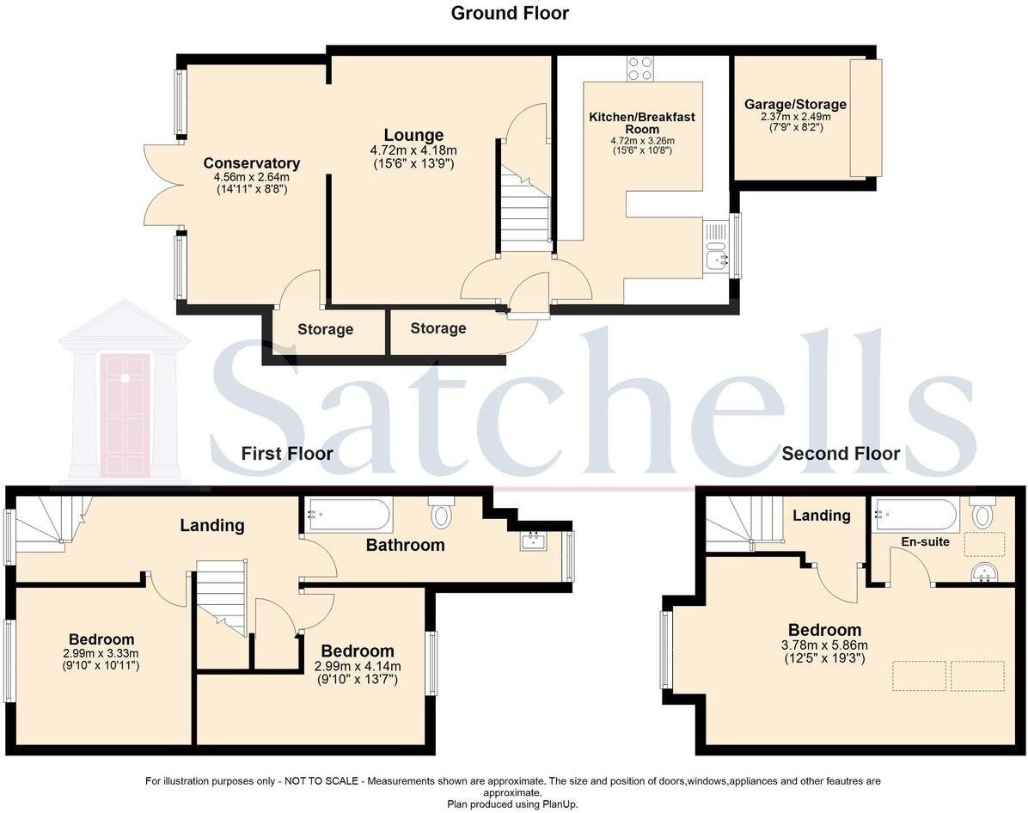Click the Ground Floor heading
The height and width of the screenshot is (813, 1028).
pos(510,13)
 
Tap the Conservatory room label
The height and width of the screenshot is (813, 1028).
pos(251,163)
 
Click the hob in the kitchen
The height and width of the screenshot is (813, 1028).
pos(639,68)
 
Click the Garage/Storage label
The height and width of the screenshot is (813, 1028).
pos(795,105)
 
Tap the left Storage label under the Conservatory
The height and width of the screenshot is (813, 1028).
pos(325,329)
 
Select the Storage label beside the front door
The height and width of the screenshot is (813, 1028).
pos(438,328)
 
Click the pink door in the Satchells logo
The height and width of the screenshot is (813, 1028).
pos(125,413)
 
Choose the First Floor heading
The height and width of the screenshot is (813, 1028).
pos(286,453)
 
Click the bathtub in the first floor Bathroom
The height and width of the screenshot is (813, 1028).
pos(348,515)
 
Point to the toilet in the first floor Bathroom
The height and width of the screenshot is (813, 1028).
pos(442,513)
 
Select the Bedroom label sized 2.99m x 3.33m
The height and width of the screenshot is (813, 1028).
pos(101,639)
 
